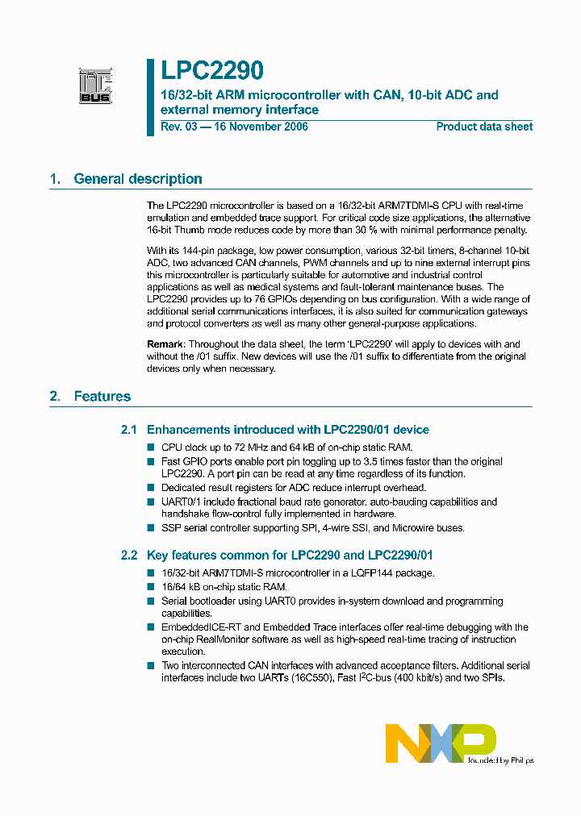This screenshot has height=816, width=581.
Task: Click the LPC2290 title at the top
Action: coord(211,73)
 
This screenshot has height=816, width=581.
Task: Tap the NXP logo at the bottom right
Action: coord(440,743)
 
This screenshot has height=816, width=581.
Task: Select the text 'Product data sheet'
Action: coord(484,127)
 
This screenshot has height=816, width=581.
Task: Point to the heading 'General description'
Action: coord(138,179)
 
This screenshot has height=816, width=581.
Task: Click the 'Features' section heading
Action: coord(102,396)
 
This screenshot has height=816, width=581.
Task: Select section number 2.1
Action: coord(129,430)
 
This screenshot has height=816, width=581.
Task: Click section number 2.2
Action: coord(129,555)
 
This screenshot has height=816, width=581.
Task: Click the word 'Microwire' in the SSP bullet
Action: coord(410,528)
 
